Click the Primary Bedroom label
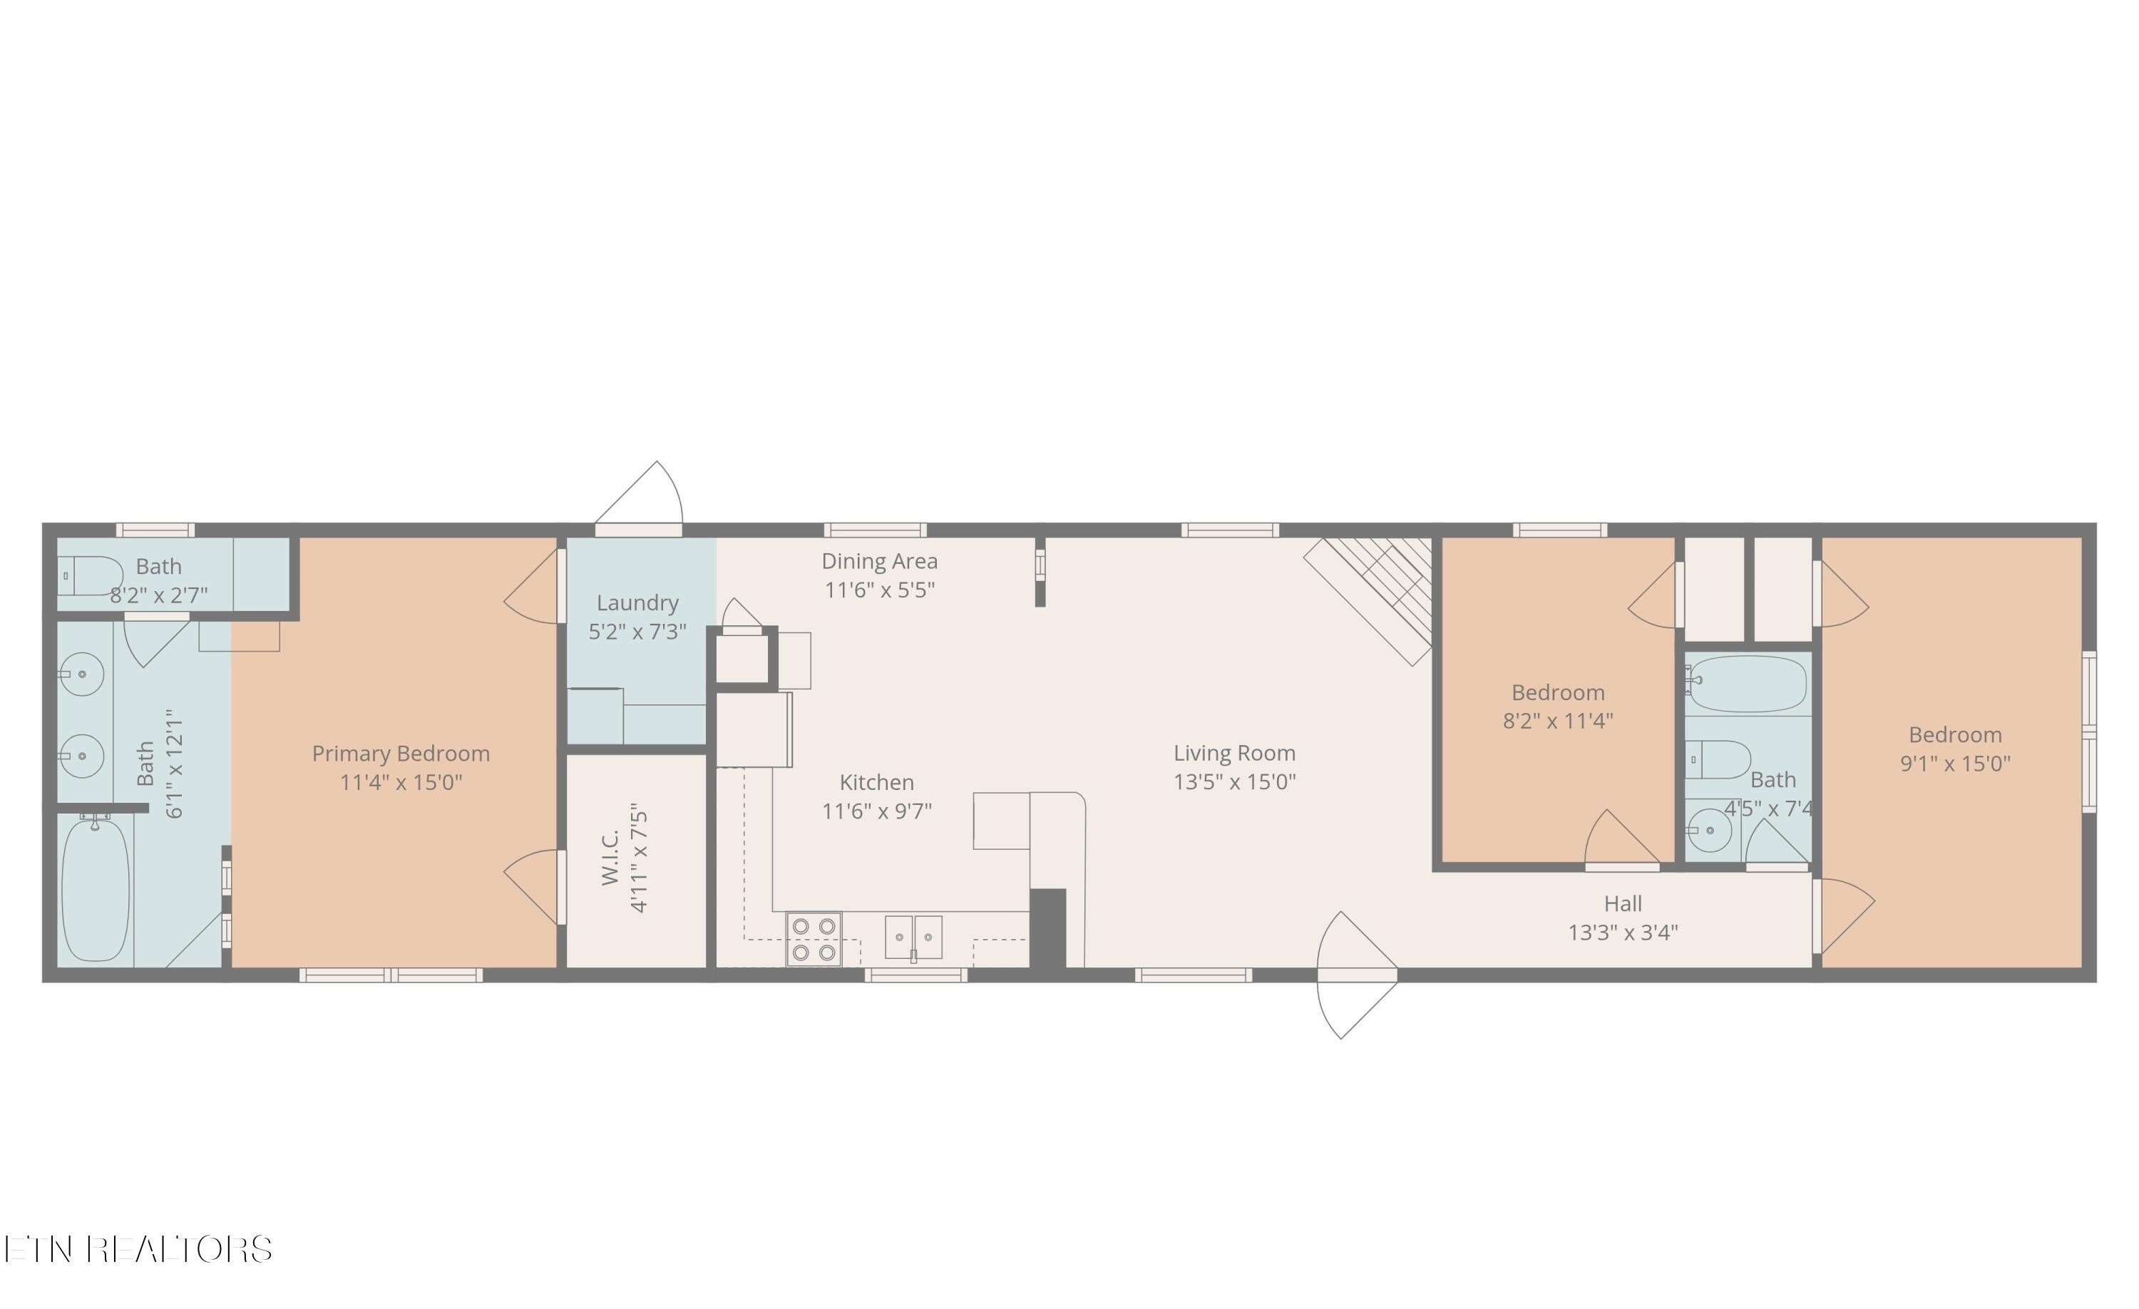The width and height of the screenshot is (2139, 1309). pyautogui.click(x=400, y=754)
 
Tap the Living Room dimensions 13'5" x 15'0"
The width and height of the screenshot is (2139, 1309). pyautogui.click(x=1233, y=782)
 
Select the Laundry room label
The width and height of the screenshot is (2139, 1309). pyautogui.click(x=637, y=602)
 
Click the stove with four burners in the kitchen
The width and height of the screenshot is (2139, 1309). pyautogui.click(x=814, y=939)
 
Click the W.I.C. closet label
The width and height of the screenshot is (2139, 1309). pyautogui.click(x=610, y=857)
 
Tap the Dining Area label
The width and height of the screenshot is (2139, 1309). pyautogui.click(x=879, y=562)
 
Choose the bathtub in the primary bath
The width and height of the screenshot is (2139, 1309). pyautogui.click(x=96, y=890)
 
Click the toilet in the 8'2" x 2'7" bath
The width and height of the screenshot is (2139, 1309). pyautogui.click(x=91, y=575)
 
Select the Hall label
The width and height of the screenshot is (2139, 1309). pyautogui.click(x=1623, y=903)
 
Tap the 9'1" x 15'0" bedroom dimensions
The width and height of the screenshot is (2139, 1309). pyautogui.click(x=1955, y=764)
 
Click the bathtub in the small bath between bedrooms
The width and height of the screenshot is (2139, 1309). pyautogui.click(x=1748, y=684)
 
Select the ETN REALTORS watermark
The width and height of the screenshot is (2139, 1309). pyautogui.click(x=139, y=1249)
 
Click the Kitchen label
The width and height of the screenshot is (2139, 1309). pyautogui.click(x=877, y=782)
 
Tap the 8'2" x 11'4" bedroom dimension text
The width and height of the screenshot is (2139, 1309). pyautogui.click(x=1557, y=721)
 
